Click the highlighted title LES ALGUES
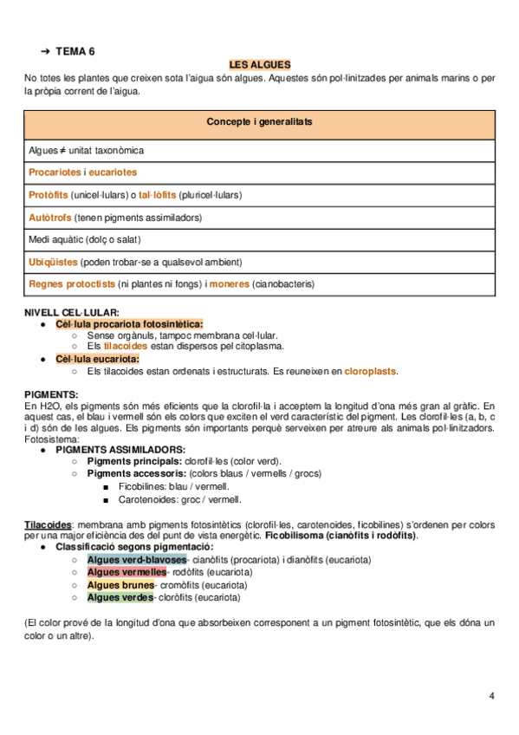259,65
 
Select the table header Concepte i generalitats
259,121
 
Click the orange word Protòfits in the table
49,195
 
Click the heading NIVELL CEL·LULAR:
72,312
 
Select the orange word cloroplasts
371,371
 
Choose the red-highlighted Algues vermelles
127,572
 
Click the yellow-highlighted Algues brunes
120,585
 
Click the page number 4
491,696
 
